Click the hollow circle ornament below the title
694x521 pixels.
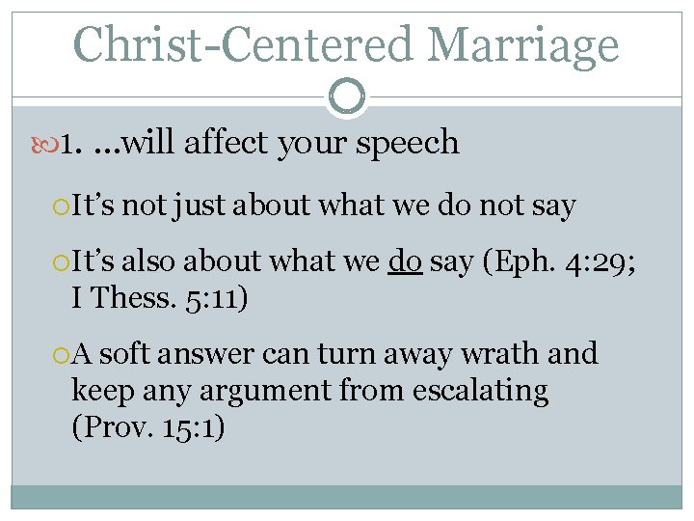click(347, 96)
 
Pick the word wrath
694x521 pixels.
click(506, 354)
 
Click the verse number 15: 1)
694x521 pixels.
click(194, 427)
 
